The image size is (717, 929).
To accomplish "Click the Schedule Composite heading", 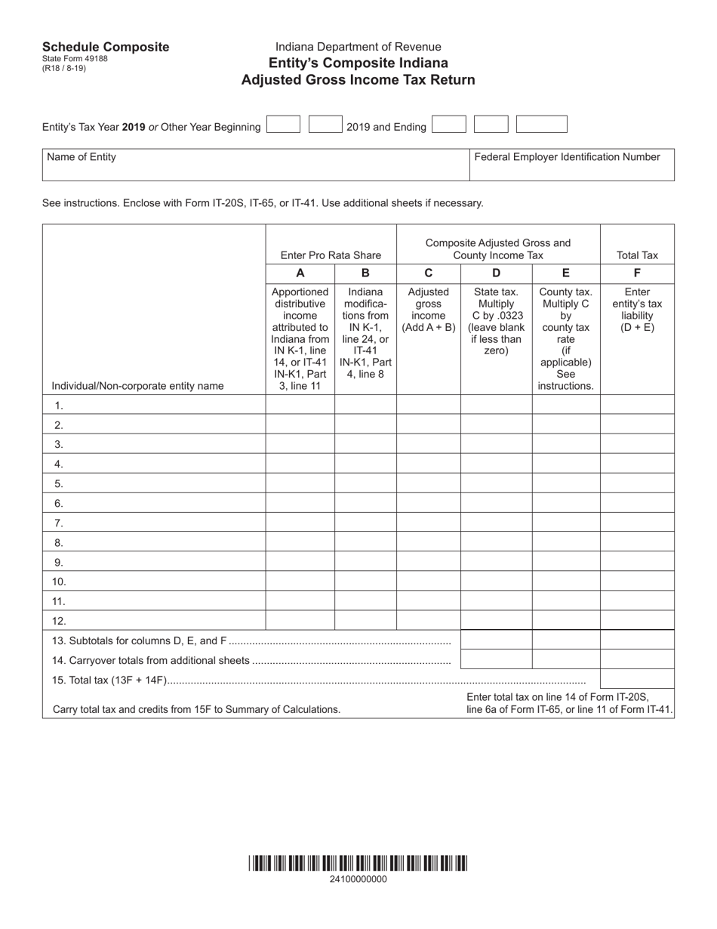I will tap(106, 47).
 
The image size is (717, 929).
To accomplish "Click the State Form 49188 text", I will tap(75, 59).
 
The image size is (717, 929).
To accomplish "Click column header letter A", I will tap(300, 273).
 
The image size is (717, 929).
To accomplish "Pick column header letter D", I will tap(496, 273).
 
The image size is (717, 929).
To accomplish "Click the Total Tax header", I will tap(637, 255).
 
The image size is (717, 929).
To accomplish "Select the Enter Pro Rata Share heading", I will tap(331, 255).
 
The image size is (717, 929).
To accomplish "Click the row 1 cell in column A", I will tap(300, 405).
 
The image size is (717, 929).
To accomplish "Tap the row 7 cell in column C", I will tap(429, 523).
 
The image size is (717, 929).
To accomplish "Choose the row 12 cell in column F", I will tap(637, 621).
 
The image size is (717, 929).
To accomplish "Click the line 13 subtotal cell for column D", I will tap(496, 640).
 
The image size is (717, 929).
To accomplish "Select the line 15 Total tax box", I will tap(637, 679).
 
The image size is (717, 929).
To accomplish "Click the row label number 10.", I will tap(60, 582).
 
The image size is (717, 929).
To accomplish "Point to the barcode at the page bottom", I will tap(358, 863).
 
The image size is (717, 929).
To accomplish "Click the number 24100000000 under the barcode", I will tap(358, 879).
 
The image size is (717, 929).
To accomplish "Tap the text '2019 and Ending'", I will tap(386, 127).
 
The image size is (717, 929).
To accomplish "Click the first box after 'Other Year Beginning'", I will tap(283, 125).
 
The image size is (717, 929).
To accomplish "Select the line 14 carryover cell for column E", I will tap(566, 659).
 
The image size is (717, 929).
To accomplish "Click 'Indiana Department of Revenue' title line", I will tap(358, 47).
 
